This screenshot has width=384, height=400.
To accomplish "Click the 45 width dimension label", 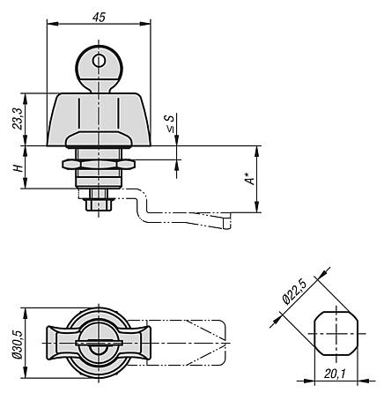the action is pyautogui.click(x=99, y=18).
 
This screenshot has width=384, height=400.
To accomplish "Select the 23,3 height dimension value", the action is pyautogui.click(x=18, y=119).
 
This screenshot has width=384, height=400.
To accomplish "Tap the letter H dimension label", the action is pyautogui.click(x=18, y=168).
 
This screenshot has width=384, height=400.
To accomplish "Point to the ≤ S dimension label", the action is pyautogui.click(x=169, y=123).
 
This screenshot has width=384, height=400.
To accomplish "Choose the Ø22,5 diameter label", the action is pyautogui.click(x=294, y=292).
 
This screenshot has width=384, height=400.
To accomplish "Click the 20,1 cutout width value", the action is pyautogui.click(x=336, y=374).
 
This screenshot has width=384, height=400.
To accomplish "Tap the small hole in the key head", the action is pyautogui.click(x=99, y=61).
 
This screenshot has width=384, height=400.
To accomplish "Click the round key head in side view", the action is pyautogui.click(x=99, y=66).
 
